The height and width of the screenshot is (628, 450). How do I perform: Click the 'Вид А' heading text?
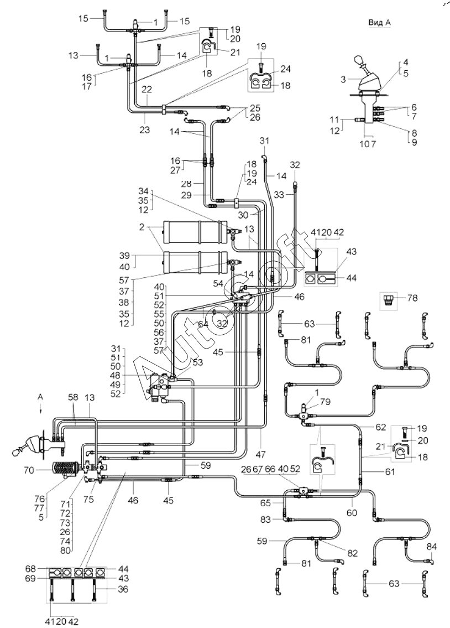click(379, 23)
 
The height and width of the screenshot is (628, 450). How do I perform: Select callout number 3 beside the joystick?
click(343, 79)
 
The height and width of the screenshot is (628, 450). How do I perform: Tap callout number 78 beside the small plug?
click(412, 298)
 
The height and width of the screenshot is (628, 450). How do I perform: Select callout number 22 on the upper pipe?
click(147, 90)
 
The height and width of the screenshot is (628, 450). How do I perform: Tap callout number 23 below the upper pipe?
click(144, 130)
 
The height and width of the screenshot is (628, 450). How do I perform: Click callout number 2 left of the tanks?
click(141, 227)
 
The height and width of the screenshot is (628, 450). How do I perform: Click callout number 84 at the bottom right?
click(432, 547)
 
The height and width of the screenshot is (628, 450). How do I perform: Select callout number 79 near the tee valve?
click(325, 402)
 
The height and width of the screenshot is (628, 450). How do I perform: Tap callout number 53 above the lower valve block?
click(197, 362)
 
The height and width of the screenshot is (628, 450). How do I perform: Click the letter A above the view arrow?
click(40, 396)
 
